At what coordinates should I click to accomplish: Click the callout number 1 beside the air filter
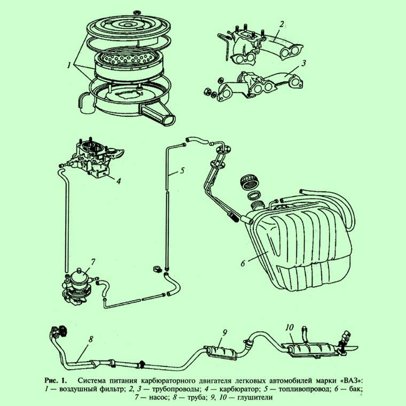point(69,65)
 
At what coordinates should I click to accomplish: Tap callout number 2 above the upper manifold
point(282,24)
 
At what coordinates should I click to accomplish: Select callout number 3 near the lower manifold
point(304,63)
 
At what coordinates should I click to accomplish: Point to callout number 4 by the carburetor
point(119,181)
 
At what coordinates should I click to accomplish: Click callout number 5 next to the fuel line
point(182,170)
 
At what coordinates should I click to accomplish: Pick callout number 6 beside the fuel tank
point(243,263)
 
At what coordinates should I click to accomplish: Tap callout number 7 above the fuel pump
point(92,262)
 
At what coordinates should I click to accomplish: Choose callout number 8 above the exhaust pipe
point(90,339)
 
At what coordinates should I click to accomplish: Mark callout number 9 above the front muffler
point(225,332)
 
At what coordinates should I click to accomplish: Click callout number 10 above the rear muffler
point(290,327)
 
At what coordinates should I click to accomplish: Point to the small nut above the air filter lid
point(137,12)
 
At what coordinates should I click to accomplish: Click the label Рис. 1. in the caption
point(56,380)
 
